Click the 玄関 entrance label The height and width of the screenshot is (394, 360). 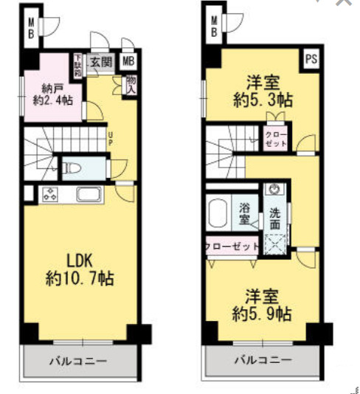(101, 63)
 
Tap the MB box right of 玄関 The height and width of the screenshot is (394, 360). (128, 63)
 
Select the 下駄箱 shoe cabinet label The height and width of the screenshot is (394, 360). (78, 66)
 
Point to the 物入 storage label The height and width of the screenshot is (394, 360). (131, 84)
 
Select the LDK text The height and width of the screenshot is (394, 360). (80, 262)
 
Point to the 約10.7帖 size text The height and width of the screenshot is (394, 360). (80, 280)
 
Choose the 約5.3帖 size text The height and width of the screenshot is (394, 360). (262, 100)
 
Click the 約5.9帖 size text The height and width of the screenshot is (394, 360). (261, 314)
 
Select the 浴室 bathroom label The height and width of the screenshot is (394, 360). (243, 213)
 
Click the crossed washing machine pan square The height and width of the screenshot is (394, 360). (277, 242)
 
